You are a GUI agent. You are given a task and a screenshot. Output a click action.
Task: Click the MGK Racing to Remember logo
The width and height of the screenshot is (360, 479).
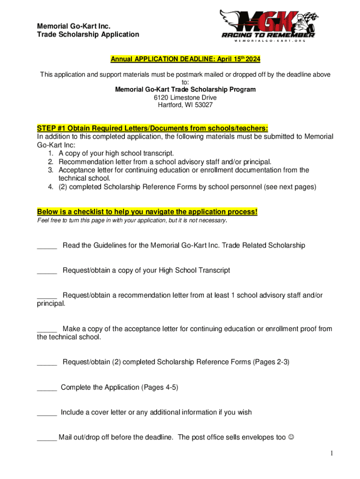pos(269,25)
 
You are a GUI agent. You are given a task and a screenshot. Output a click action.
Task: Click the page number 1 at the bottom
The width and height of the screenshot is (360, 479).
pos(331,453)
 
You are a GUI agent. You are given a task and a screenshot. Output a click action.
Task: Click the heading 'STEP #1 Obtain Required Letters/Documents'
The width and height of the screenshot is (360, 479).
pos(153,128)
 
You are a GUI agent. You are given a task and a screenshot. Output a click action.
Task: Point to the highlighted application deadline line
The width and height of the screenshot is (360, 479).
pos(185,59)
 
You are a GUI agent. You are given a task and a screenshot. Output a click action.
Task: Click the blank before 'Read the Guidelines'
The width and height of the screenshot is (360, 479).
pos(47,246)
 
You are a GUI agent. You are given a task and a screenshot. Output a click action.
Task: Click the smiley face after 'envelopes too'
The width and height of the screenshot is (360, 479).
pos(292,437)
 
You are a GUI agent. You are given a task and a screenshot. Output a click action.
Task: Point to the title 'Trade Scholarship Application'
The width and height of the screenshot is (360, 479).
pos(88,34)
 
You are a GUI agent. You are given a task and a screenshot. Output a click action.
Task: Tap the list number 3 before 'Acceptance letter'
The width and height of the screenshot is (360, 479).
pos(50,170)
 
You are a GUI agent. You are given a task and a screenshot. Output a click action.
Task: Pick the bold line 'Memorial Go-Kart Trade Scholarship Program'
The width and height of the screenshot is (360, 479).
pos(185,89)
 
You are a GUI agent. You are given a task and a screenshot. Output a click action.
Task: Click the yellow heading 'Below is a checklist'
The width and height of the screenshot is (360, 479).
pos(147,212)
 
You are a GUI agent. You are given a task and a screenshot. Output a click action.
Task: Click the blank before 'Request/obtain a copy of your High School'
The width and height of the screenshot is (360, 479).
pos(47,270)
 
